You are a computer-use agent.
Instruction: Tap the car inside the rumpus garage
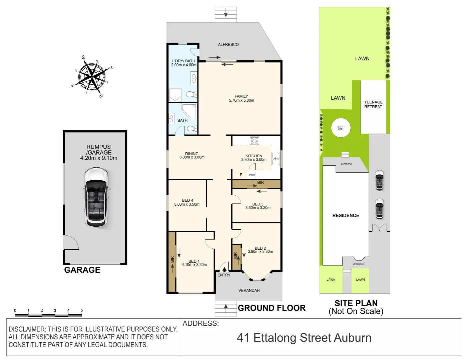[96, 197]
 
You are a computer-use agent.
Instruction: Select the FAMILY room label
[241, 96]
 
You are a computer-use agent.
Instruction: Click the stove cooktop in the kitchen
[255, 141]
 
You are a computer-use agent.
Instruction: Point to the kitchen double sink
[276, 159]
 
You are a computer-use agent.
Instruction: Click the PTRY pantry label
[252, 175]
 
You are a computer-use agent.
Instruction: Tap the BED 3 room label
[258, 204]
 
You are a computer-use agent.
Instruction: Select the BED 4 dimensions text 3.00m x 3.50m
[187, 204]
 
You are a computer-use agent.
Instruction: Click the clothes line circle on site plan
[341, 128]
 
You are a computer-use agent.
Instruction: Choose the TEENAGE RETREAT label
[373, 104]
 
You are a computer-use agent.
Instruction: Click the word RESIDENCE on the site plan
[346, 216]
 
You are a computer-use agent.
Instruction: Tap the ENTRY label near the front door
[224, 275]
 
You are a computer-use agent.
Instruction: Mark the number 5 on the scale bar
[82, 310]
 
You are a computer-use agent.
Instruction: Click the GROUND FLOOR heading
[272, 308]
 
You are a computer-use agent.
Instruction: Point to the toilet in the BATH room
[192, 128]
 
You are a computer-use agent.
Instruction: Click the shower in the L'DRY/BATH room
[175, 95]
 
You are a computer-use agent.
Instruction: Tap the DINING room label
[192, 154]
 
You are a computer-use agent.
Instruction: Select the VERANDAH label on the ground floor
[249, 290]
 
